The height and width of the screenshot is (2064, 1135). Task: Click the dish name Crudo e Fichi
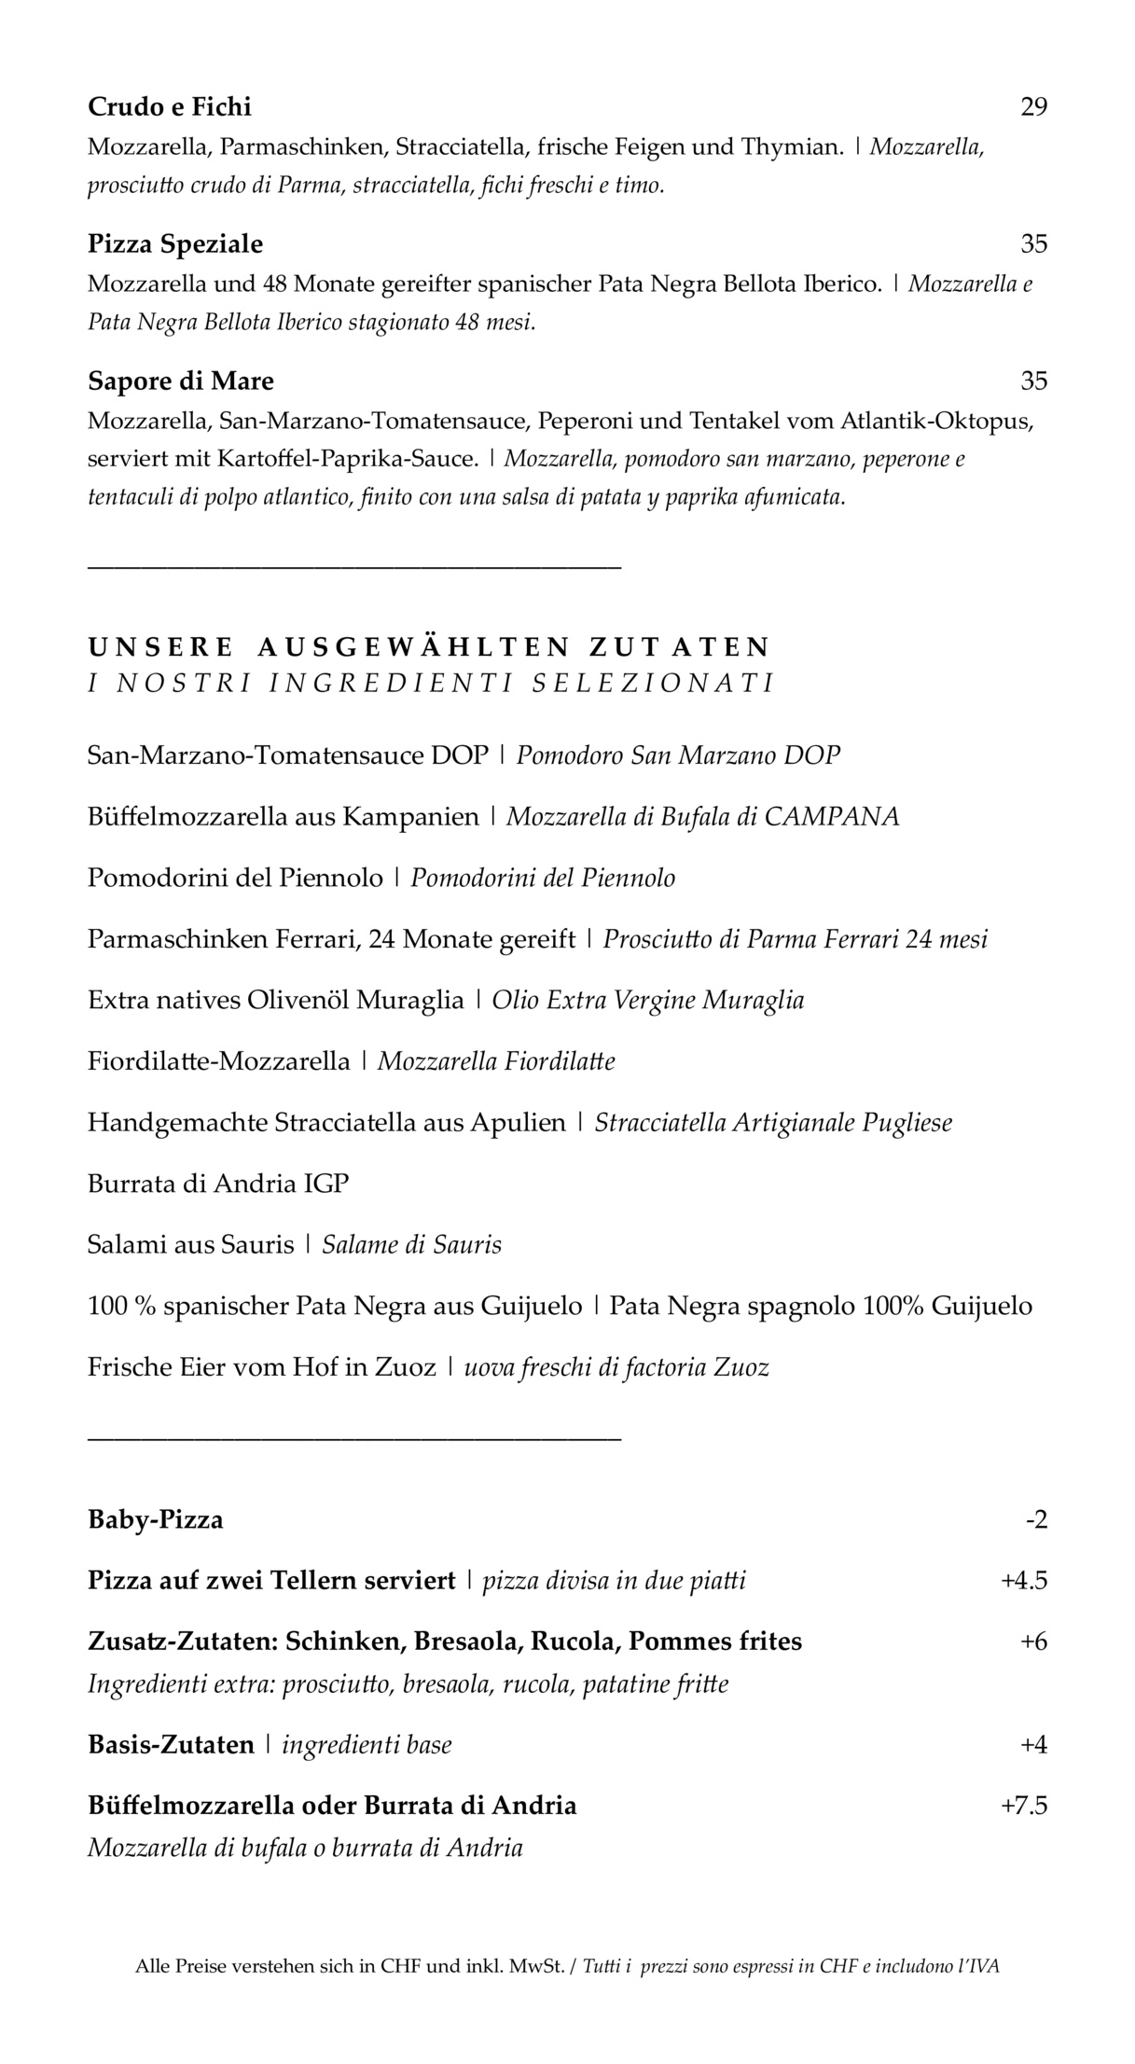tap(170, 107)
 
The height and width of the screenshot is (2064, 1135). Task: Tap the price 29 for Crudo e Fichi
tap(1033, 107)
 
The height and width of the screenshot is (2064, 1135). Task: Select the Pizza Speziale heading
tap(175, 244)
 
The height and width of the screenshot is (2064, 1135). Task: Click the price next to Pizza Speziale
tap(1033, 244)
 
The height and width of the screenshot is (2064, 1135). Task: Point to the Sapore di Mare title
tap(181, 381)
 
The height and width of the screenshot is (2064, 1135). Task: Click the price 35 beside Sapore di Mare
tap(1033, 381)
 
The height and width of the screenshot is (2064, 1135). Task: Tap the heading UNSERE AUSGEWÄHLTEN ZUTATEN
tap(429, 646)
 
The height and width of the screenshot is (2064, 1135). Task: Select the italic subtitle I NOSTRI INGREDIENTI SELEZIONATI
tap(431, 684)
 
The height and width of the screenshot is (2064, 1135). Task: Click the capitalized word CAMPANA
tap(832, 817)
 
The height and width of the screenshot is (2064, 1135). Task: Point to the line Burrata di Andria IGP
tap(218, 1184)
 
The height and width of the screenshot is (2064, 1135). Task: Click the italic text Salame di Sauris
tap(411, 1245)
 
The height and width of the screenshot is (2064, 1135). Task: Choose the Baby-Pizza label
tap(156, 1520)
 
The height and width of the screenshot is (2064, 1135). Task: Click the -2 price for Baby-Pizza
tap(1036, 1520)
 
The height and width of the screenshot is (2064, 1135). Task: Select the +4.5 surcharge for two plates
tap(1024, 1581)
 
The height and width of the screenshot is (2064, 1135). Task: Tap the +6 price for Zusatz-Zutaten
tap(1033, 1642)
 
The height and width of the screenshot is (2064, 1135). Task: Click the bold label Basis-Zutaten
tap(171, 1744)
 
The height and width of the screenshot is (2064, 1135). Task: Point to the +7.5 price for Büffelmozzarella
tap(1024, 1806)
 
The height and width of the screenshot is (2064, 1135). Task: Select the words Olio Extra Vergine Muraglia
tap(648, 1001)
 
